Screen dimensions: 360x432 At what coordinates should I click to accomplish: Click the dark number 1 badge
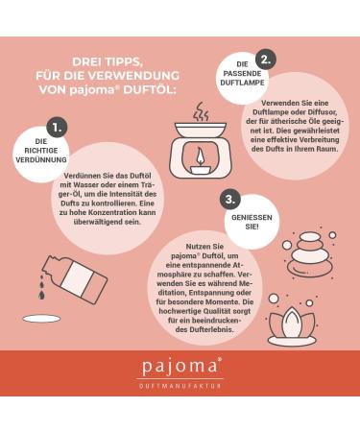(57, 128)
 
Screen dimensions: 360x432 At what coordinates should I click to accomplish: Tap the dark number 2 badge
(266, 60)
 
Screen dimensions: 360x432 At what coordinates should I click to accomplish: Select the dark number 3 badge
(230, 200)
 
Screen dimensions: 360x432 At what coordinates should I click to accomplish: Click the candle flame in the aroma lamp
(201, 156)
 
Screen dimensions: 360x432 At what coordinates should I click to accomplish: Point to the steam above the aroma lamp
(201, 111)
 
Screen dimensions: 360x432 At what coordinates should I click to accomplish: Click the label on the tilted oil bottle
(77, 276)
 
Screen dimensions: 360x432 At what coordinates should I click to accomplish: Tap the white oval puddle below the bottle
(41, 319)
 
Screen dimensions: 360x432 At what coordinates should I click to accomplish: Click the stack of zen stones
(310, 254)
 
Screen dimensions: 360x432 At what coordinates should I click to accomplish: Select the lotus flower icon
(292, 325)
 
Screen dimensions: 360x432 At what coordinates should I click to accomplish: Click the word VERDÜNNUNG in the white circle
(41, 159)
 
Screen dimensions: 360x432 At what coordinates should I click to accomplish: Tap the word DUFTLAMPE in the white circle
(242, 83)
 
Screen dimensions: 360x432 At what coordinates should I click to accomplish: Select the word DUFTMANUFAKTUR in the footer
(180, 386)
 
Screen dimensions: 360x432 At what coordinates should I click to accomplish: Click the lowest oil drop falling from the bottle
(41, 295)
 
